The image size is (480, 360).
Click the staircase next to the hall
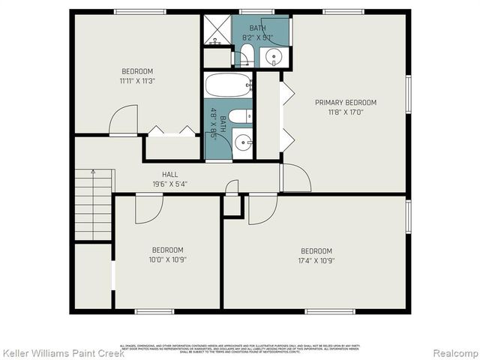click(93, 204)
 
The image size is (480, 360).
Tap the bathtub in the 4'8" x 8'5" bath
click(227, 85)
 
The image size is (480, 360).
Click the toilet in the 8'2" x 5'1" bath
click(246, 54)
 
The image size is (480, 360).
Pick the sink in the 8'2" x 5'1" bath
click(274, 56)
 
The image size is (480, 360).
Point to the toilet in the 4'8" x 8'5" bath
click(239, 115)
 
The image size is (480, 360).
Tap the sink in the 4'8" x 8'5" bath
click(242, 142)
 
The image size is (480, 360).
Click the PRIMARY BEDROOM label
click(345, 103)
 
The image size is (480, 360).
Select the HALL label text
click(170, 175)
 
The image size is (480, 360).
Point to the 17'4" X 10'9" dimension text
click(316, 261)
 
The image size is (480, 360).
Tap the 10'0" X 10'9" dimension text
click(168, 259)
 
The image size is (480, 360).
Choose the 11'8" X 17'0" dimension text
click(345, 112)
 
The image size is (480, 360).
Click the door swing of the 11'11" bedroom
click(124, 120)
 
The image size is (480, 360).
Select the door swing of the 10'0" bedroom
click(148, 209)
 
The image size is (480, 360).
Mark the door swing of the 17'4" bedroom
click(262, 209)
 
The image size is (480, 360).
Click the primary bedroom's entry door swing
click(295, 178)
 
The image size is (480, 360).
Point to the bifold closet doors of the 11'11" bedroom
click(172, 131)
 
